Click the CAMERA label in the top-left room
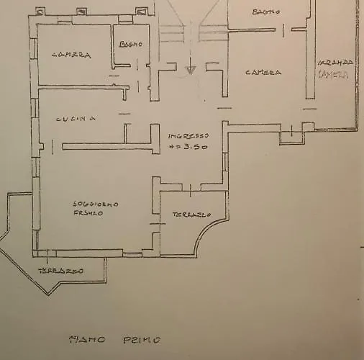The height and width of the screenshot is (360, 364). pyautogui.click(x=70, y=55)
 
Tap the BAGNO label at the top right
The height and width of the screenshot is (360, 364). pyautogui.click(x=266, y=12)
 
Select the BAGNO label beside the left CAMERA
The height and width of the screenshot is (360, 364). pyautogui.click(x=131, y=44)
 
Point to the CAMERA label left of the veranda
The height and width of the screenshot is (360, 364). pyautogui.click(x=263, y=72)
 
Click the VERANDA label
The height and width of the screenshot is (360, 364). pyautogui.click(x=336, y=63)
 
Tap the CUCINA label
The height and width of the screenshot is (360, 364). pyautogui.click(x=76, y=119)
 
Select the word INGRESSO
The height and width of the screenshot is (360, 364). pyautogui.click(x=188, y=135)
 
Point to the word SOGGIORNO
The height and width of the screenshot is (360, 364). pyautogui.click(x=96, y=204)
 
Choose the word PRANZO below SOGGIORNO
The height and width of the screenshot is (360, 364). pyautogui.click(x=88, y=213)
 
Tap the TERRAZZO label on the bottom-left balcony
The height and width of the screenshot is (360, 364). pyautogui.click(x=60, y=271)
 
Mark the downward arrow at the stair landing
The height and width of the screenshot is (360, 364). pyautogui.click(x=191, y=70)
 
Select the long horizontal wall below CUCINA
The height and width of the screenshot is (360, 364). pyautogui.click(x=108, y=147)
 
